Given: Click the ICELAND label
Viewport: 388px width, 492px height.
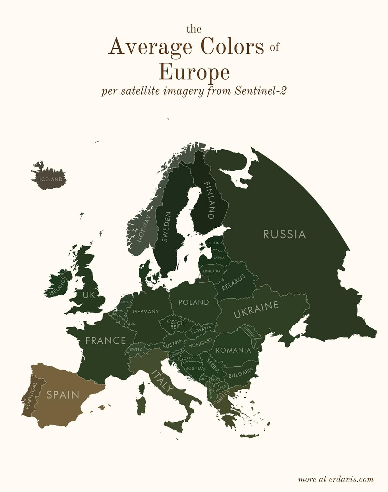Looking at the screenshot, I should tap(51, 179).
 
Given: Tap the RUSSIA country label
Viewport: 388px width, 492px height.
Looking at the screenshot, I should tap(284, 234).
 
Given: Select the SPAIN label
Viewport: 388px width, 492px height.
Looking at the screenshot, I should tap(63, 395).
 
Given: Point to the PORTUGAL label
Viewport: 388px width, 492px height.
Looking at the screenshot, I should tap(31, 396).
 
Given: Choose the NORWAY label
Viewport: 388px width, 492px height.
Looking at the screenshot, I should tap(144, 228).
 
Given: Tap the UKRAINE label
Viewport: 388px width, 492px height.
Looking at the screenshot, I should tap(256, 309).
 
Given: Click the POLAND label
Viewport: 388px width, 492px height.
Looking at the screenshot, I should tap(194, 302).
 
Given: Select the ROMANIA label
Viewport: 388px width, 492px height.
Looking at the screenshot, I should tap(233, 350).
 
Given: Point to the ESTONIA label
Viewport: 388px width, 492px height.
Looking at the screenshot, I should tap(215, 243).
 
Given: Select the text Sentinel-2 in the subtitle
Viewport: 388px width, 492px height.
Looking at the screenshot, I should tap(261, 91).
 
